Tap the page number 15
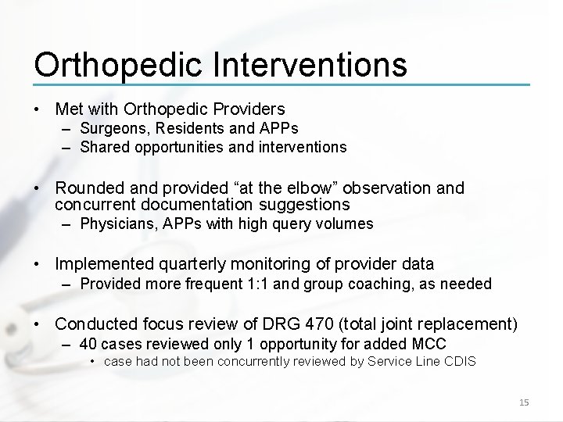(524, 402)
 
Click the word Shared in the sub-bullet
(102, 146)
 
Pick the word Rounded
(91, 188)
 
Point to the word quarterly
(203, 264)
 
